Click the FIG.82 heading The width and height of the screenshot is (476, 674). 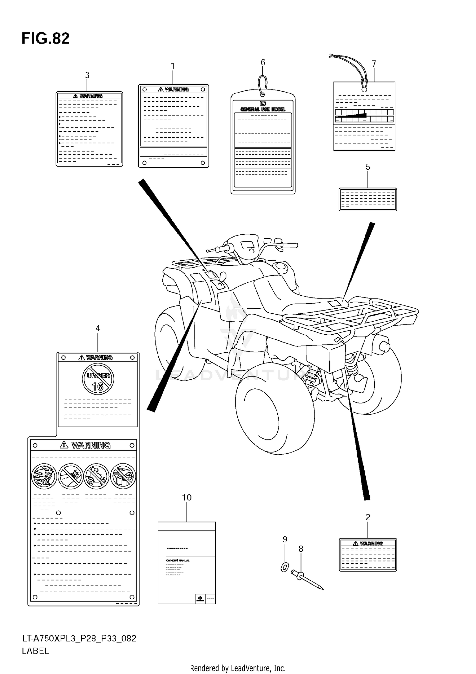pyautogui.click(x=45, y=38)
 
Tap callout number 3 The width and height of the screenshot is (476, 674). pyautogui.click(x=87, y=75)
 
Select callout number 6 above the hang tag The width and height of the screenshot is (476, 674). pyautogui.click(x=263, y=62)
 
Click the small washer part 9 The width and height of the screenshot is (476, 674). pyautogui.click(x=285, y=567)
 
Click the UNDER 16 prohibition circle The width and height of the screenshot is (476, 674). pyautogui.click(x=98, y=379)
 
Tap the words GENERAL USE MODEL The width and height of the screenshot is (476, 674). pyautogui.click(x=263, y=109)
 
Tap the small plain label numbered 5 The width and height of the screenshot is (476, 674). pyautogui.click(x=368, y=199)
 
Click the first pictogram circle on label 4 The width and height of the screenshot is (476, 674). pyautogui.click(x=44, y=476)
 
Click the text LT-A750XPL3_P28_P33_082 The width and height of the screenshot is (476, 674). pyautogui.click(x=79, y=638)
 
